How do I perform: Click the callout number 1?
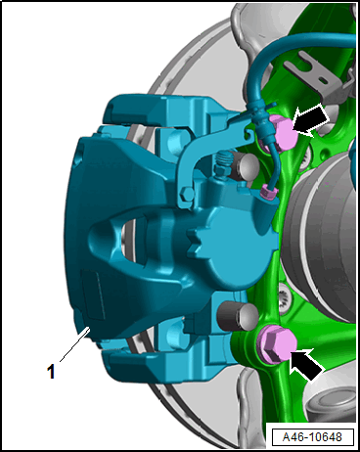click(x=51, y=372)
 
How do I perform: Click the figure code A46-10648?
click(x=312, y=437)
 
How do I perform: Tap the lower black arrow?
click(x=306, y=364)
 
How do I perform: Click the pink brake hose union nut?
click(x=269, y=192)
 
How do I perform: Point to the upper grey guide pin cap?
click(x=246, y=166)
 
